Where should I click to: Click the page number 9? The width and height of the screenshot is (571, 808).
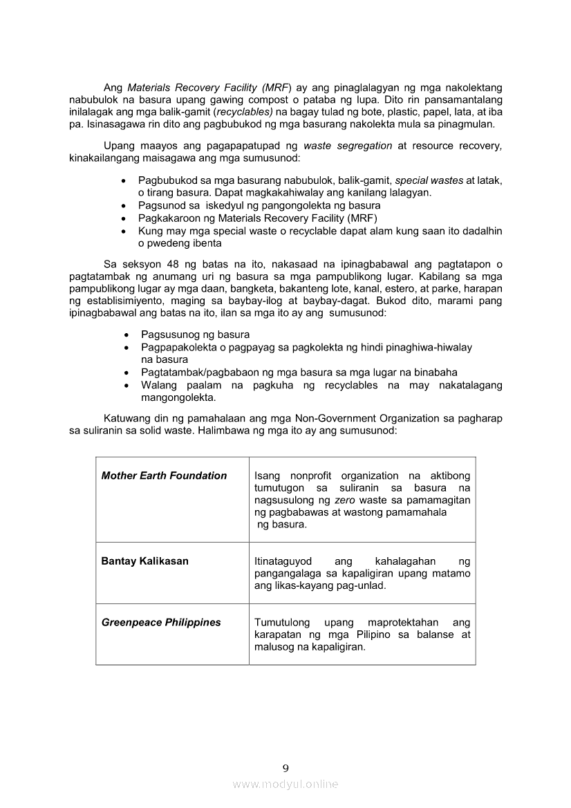pyautogui.click(x=285, y=768)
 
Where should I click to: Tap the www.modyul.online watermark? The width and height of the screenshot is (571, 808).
pyautogui.click(x=285, y=784)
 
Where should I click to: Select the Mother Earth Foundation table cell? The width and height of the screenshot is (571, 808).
pyautogui.click(x=164, y=476)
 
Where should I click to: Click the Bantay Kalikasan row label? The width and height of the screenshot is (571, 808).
pyautogui.click(x=144, y=561)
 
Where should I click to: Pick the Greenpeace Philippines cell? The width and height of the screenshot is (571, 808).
pyautogui.click(x=161, y=622)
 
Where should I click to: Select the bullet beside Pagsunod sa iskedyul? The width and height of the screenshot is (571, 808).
pyautogui.click(x=123, y=205)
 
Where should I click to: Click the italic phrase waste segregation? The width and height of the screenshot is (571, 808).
pyautogui.click(x=348, y=146)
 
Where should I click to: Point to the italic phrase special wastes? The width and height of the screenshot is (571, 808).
pyautogui.click(x=429, y=180)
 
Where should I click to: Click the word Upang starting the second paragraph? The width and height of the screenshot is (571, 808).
pyautogui.click(x=119, y=146)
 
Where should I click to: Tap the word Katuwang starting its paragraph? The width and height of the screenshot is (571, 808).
pyautogui.click(x=127, y=418)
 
